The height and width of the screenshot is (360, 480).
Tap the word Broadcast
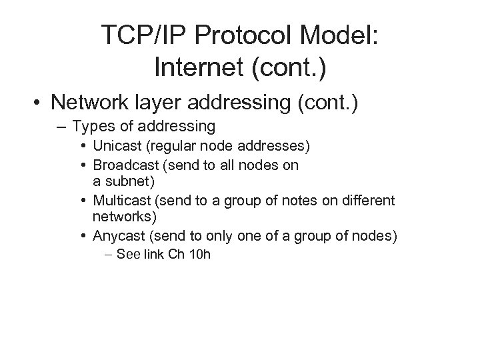(123, 164)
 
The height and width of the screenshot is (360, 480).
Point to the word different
(366, 199)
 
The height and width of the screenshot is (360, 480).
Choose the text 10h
(199, 253)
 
